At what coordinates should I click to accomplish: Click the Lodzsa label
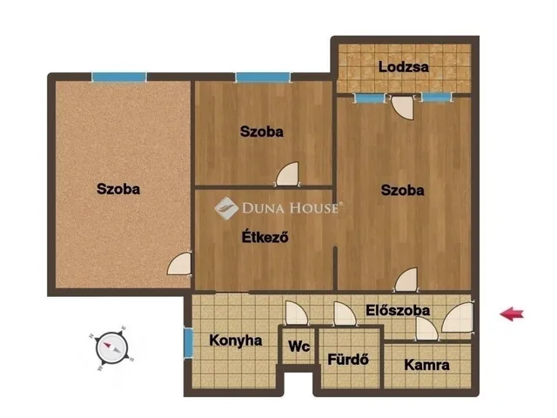click(x=404, y=67)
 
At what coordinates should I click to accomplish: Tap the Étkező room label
click(x=265, y=237)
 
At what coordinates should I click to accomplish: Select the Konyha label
click(x=236, y=340)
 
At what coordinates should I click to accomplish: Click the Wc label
click(x=299, y=347)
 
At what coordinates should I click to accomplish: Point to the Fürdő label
click(x=348, y=360)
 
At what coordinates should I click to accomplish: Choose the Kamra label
click(x=426, y=365)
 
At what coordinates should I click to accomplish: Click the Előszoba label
click(x=398, y=310)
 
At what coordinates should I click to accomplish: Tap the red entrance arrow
click(x=512, y=313)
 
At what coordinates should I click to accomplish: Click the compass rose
click(x=112, y=348)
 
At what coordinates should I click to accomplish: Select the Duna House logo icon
click(x=226, y=208)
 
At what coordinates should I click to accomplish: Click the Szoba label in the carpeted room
click(x=118, y=189)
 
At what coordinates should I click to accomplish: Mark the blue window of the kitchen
click(x=188, y=342)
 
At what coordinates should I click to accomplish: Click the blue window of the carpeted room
click(x=119, y=78)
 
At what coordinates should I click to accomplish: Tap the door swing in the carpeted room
click(x=179, y=263)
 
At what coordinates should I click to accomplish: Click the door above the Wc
click(x=297, y=313)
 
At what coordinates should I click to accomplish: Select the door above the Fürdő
click(x=345, y=313)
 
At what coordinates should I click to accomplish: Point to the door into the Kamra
click(x=427, y=329)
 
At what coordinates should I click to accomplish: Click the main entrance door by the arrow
click(x=458, y=317)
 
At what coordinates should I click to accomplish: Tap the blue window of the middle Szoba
click(x=263, y=78)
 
